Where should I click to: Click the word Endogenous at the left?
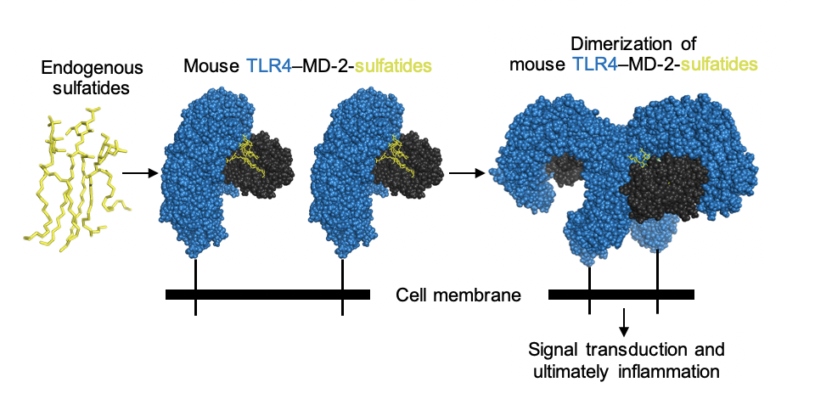coord(81,67)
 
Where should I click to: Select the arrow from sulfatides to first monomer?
coord(140,173)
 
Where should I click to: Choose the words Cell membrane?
coord(458,295)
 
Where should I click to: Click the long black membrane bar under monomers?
coord(267,295)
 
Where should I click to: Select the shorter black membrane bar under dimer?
coord(621,295)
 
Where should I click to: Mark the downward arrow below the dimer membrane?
coord(624,322)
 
